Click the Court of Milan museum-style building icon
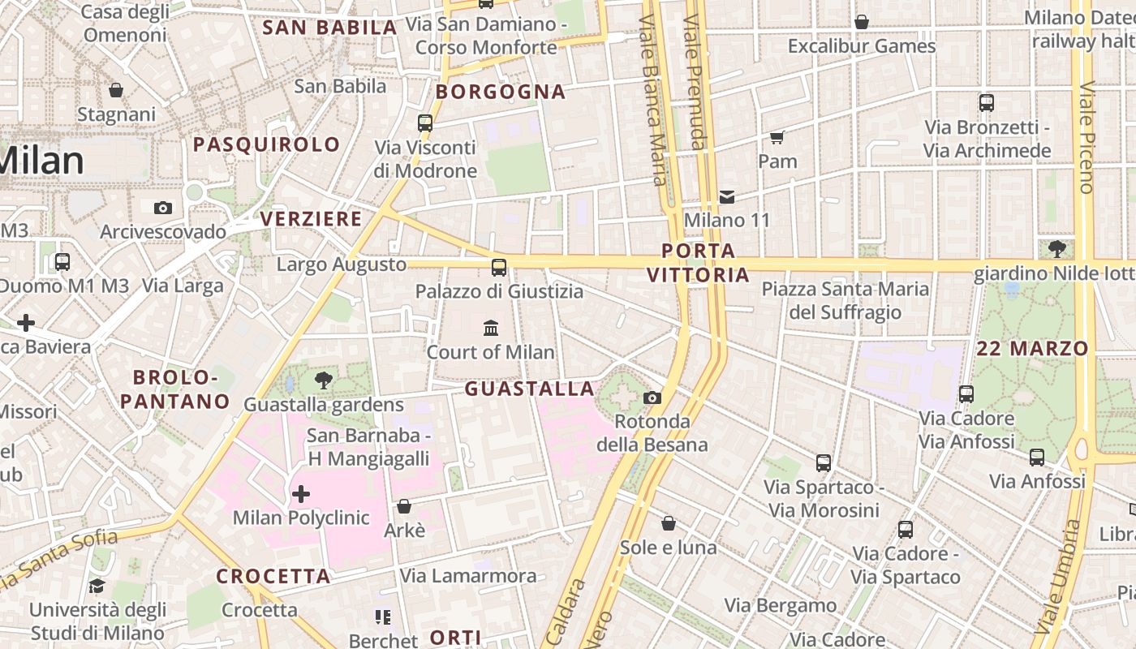pyautogui.click(x=491, y=328)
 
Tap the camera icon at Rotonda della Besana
pyautogui.click(x=652, y=398)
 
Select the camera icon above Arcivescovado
pyautogui.click(x=163, y=208)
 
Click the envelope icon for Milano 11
pyautogui.click(x=727, y=196)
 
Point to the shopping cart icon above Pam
pyautogui.click(x=777, y=137)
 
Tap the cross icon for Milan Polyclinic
pyautogui.click(x=301, y=493)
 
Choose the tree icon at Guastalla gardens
pyautogui.click(x=324, y=380)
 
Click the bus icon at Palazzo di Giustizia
pyautogui.click(x=499, y=267)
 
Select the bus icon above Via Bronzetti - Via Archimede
pyautogui.click(x=987, y=103)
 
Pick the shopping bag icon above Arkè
pyautogui.click(x=404, y=506)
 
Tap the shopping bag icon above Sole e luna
pyautogui.click(x=669, y=523)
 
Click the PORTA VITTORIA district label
pyautogui.click(x=698, y=262)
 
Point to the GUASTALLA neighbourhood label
pyautogui.click(x=529, y=389)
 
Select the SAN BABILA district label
pyautogui.click(x=329, y=27)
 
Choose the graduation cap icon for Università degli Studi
pyautogui.click(x=97, y=586)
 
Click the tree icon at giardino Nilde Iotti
pyautogui.click(x=1056, y=248)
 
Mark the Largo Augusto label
pyautogui.click(x=341, y=264)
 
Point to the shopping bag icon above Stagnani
pyautogui.click(x=116, y=90)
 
